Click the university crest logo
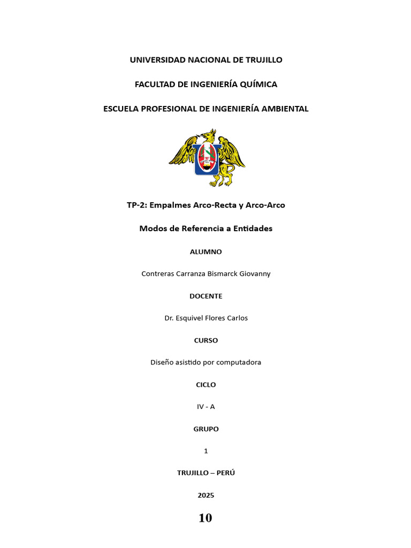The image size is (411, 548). tap(207, 157)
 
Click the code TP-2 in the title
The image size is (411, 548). tap(136, 205)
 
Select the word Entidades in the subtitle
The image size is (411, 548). tap(252, 229)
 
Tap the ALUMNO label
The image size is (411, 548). tap(205, 252)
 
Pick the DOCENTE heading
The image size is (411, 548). tap(205, 296)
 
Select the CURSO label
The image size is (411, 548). tap(205, 340)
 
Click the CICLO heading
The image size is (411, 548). tap(205, 385)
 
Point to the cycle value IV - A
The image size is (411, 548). tap(205, 407)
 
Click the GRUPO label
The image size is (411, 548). tap(205, 429)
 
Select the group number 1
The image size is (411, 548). tap(205, 451)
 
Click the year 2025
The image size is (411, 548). tap(205, 496)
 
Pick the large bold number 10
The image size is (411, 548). tap(205, 518)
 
